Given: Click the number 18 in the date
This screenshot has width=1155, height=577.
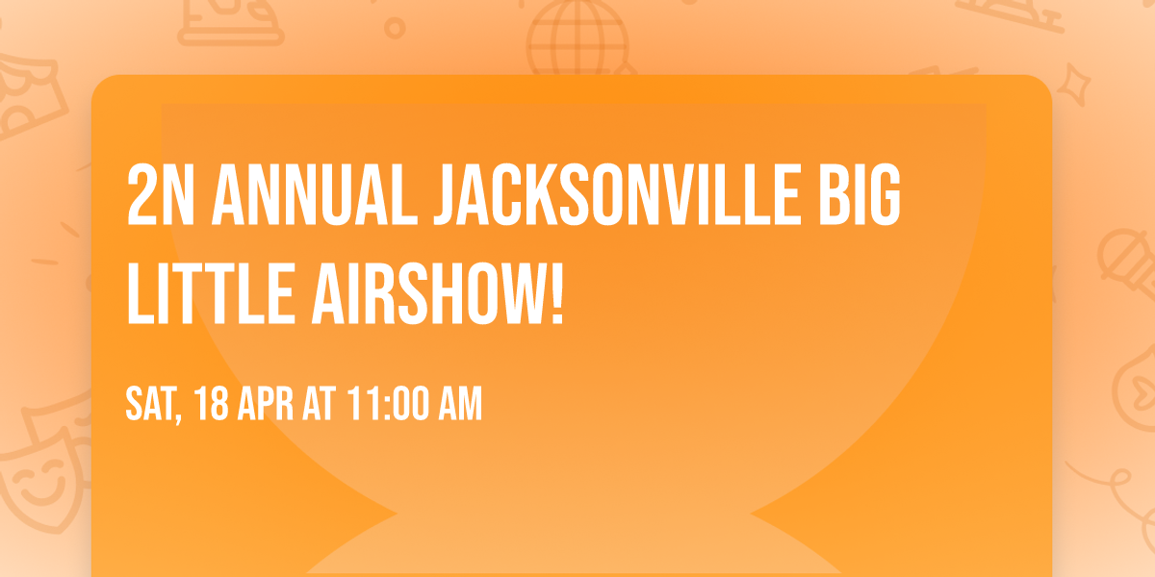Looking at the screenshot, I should pyautogui.click(x=212, y=406).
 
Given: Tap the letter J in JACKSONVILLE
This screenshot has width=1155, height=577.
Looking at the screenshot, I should pyautogui.click(x=448, y=197).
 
